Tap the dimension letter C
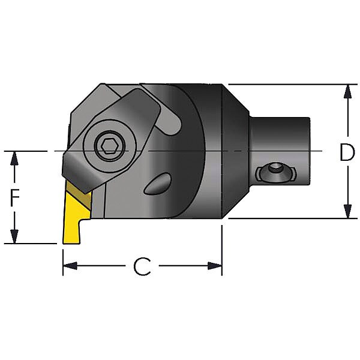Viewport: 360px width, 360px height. click(142, 266)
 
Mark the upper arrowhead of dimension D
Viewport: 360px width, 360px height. click(347, 92)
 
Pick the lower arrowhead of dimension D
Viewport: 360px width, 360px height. click(347, 211)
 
